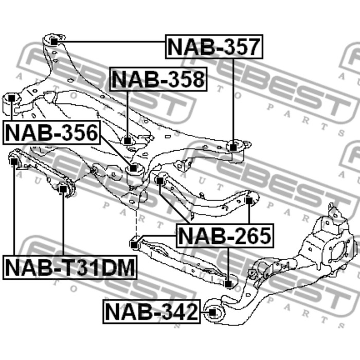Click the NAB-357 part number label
point(214,47)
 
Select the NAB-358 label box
point(158,79)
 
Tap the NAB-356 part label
point(51,133)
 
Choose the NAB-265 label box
point(225,236)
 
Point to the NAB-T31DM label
point(70,267)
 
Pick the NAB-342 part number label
point(152,312)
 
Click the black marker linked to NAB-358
point(128,141)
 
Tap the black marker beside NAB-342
point(212,313)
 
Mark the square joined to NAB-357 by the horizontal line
point(54,42)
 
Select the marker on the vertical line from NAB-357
point(233,148)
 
